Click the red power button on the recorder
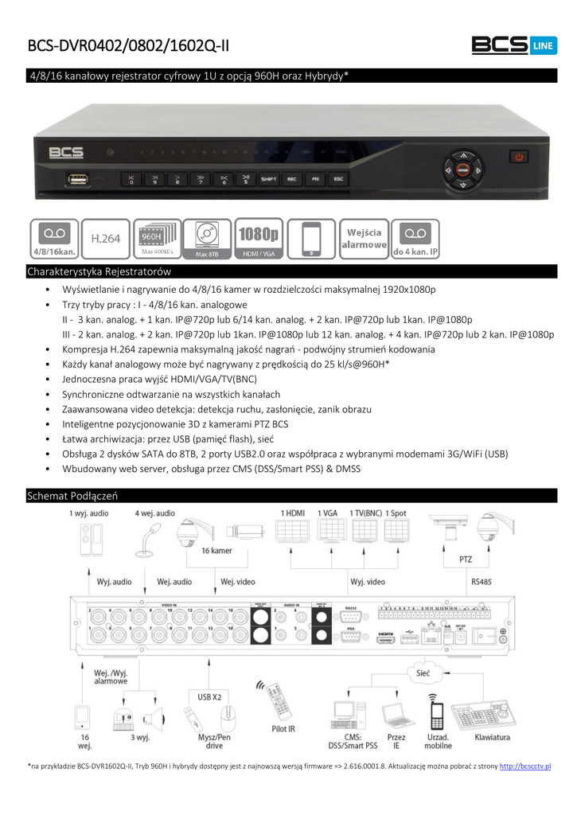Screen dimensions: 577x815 tap(519, 158)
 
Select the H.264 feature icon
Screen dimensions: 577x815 tap(105, 238)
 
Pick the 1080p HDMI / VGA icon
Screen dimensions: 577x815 tap(259, 238)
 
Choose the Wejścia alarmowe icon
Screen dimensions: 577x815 tap(364, 238)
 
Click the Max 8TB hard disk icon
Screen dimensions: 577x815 tap(207, 238)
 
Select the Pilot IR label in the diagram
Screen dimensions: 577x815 tap(284, 728)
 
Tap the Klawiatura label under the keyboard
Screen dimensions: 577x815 tap(492, 737)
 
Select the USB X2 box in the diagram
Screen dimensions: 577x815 tap(209, 697)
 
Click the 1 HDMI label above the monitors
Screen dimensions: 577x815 tap(293, 513)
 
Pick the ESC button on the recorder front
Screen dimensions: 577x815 tap(338, 179)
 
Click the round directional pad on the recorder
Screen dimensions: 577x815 tap(462, 169)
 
